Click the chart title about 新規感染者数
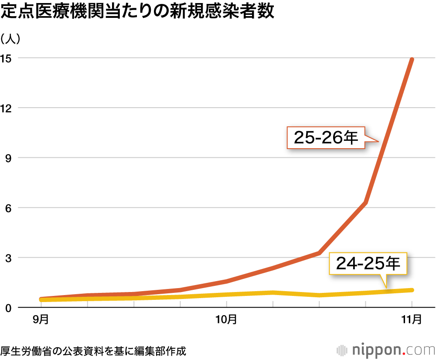[x=138, y=12]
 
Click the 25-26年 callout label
[x=326, y=138]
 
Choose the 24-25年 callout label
[x=368, y=263]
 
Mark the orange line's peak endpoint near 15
[x=412, y=59]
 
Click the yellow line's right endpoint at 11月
[x=412, y=290]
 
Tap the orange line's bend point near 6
[x=365, y=203]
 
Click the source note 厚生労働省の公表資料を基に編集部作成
[x=93, y=350]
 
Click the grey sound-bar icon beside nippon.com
[x=342, y=350]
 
